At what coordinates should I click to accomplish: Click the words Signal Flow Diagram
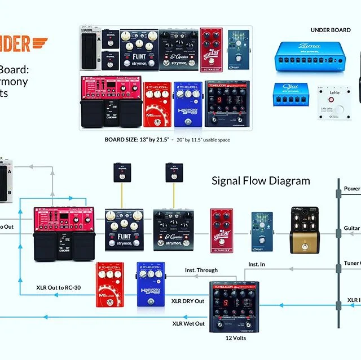click(261, 181)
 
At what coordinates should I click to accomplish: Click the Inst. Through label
click(201, 270)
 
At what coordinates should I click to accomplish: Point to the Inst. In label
click(257, 264)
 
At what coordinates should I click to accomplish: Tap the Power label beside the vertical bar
click(352, 189)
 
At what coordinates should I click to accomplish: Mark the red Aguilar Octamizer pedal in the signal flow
click(222, 228)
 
